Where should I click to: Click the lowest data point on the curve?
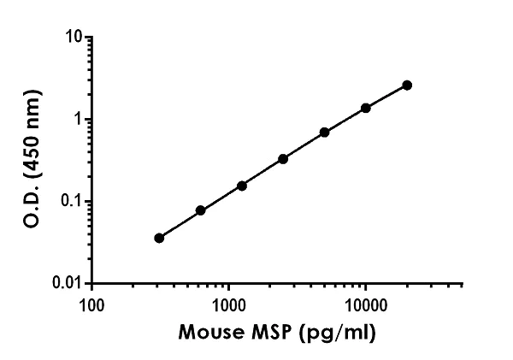[x=159, y=238]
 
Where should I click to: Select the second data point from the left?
[x=200, y=210]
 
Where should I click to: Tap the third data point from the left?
[x=242, y=186]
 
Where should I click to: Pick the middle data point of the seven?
[x=283, y=159]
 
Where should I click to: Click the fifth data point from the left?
[x=324, y=133]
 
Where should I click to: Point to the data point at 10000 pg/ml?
[x=366, y=108]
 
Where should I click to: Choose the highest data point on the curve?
[x=407, y=86]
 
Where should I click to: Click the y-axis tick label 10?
[x=75, y=38]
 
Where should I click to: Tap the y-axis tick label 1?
[x=79, y=120]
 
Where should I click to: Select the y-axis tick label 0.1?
[x=73, y=202]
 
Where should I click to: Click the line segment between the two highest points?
[x=386, y=97]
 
